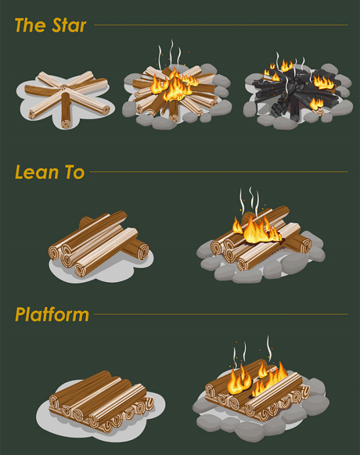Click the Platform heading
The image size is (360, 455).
[52, 315]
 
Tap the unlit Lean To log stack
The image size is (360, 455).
[98, 244]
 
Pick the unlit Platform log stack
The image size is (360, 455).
[100, 400]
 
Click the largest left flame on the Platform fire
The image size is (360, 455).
[239, 382]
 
